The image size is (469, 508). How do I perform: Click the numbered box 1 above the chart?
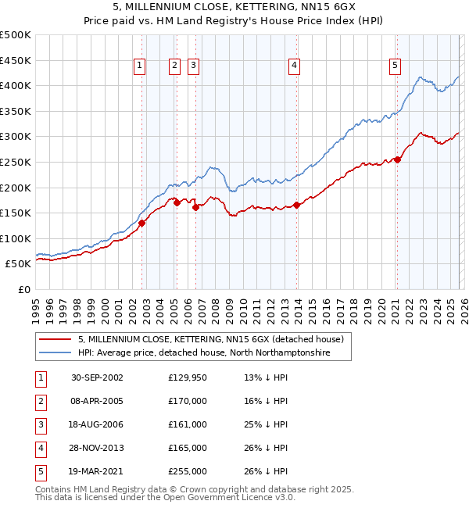(x=138, y=66)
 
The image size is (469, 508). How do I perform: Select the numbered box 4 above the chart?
(x=294, y=66)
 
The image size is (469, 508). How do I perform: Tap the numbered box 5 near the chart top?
(x=395, y=66)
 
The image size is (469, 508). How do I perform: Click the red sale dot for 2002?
(x=142, y=223)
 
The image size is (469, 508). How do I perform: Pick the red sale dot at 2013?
(x=298, y=206)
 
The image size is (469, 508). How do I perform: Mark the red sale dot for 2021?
(x=397, y=159)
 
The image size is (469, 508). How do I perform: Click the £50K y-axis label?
(x=18, y=264)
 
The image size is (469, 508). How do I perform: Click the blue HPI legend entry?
(x=204, y=353)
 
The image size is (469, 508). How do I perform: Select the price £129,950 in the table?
(x=188, y=377)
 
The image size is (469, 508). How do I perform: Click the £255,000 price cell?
(x=188, y=471)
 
